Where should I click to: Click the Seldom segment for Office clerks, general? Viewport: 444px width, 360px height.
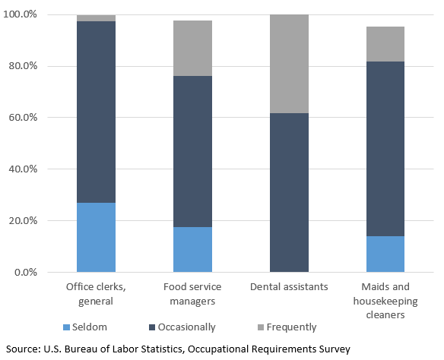click(96, 237)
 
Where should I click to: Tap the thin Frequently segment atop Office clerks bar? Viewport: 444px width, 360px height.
click(96, 17)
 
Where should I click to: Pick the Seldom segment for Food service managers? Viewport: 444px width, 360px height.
click(192, 249)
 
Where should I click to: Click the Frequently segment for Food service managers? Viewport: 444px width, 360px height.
click(192, 48)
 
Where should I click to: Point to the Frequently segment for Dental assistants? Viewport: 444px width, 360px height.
click(289, 64)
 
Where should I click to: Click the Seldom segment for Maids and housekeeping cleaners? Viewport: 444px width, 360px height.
click(385, 254)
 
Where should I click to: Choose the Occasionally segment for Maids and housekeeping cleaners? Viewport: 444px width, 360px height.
click(385, 149)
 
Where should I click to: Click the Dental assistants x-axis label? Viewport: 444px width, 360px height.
click(289, 288)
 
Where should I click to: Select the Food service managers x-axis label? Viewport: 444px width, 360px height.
click(192, 294)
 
